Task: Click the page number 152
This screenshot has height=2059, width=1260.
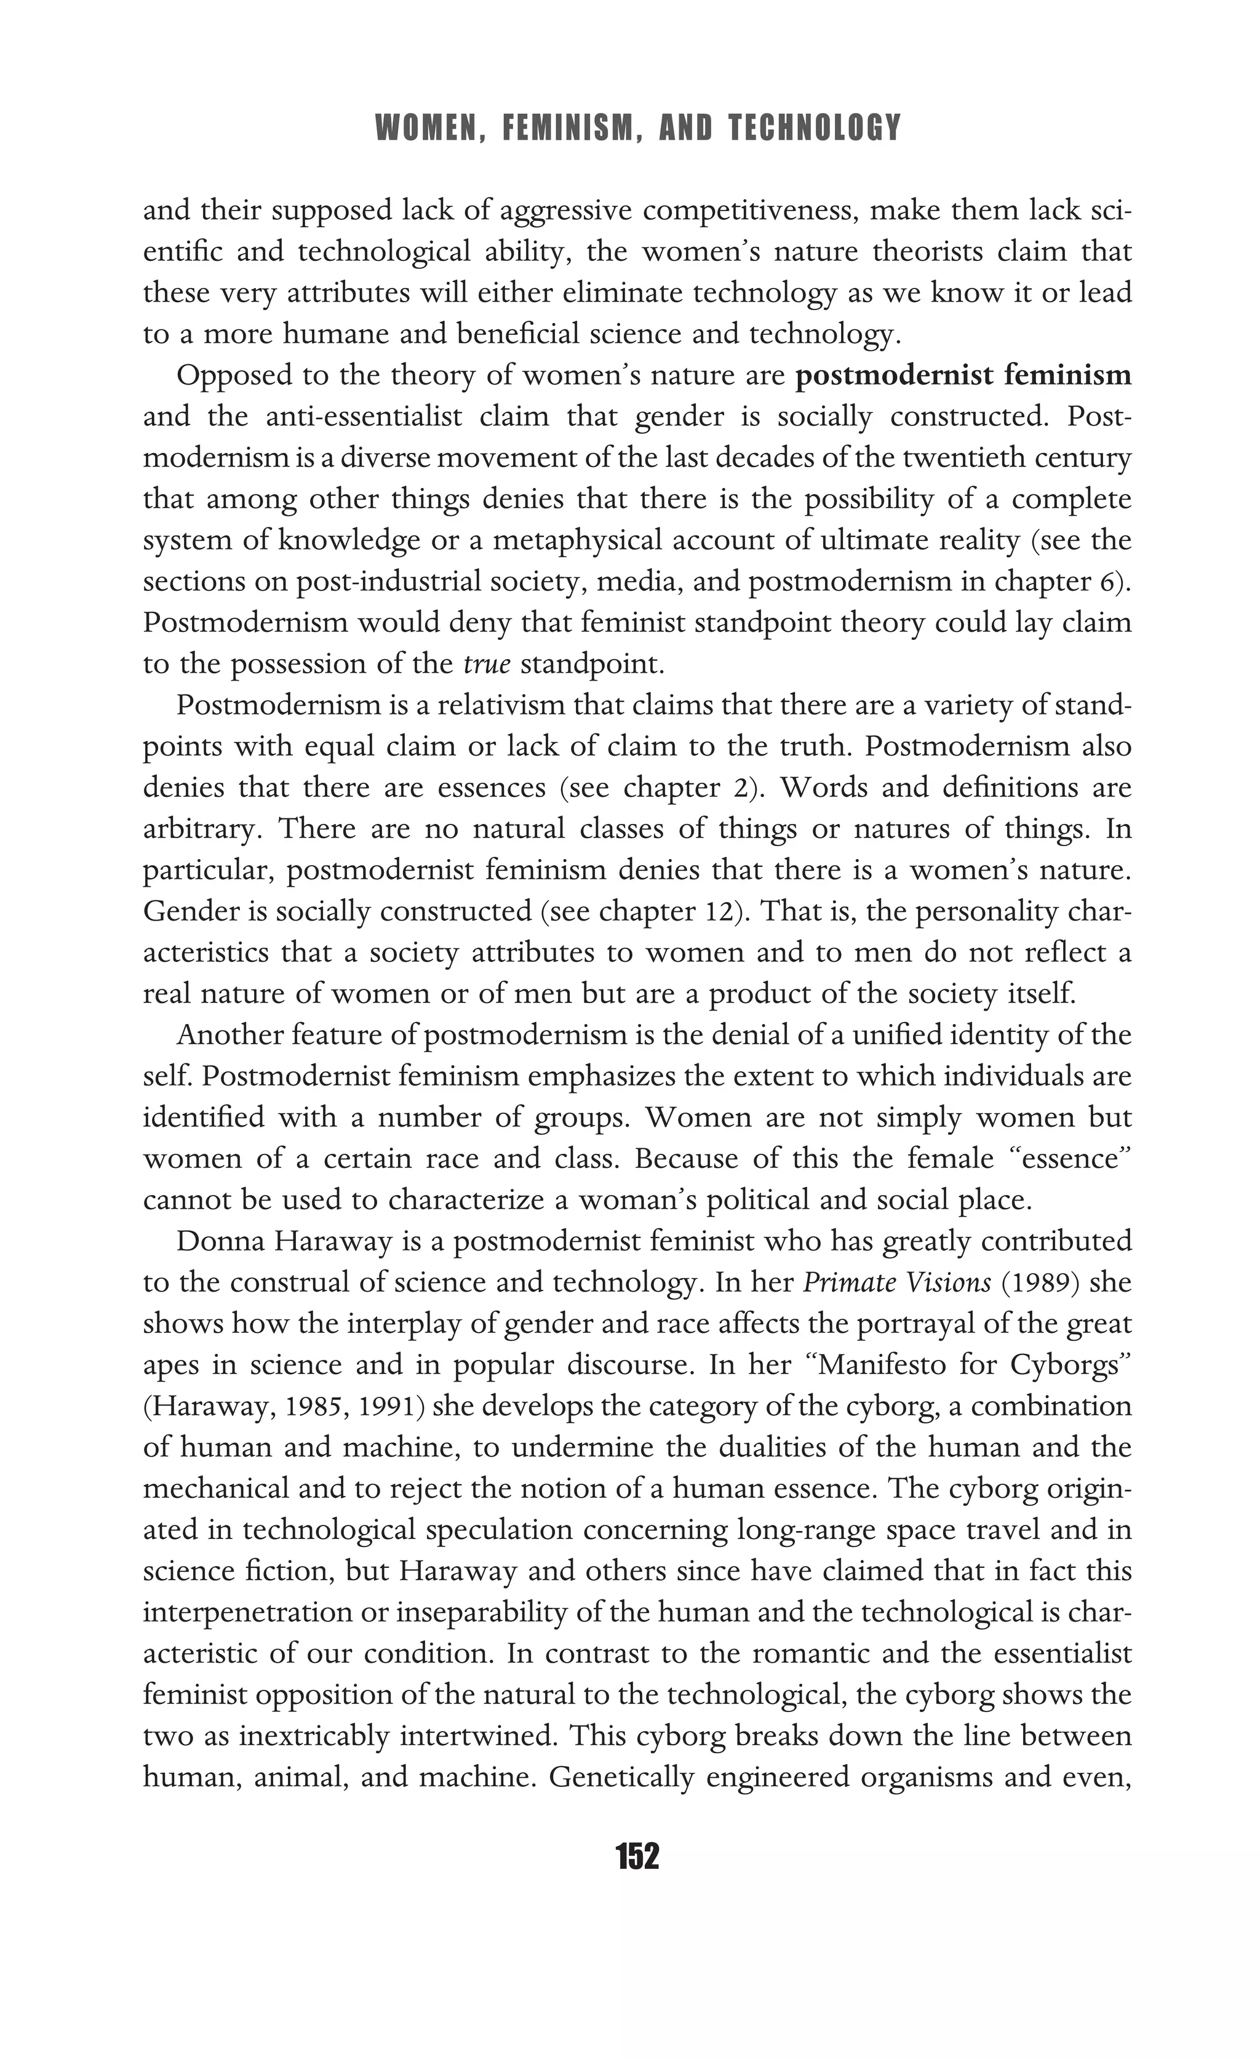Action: click(x=637, y=1856)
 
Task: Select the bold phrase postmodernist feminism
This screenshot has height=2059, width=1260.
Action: click(x=963, y=375)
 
